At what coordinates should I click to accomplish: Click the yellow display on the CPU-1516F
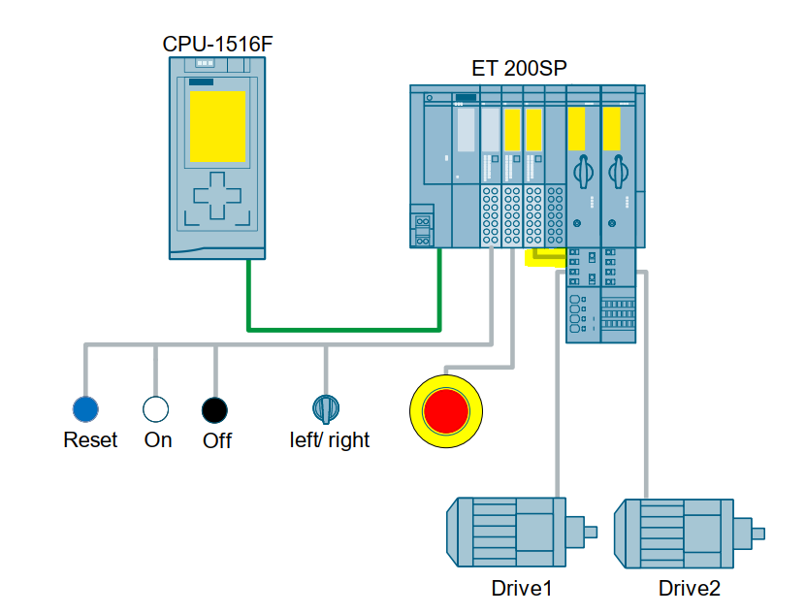click(217, 127)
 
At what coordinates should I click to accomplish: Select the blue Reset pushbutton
click(86, 409)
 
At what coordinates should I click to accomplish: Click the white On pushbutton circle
click(156, 409)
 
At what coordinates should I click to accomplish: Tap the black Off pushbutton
click(214, 409)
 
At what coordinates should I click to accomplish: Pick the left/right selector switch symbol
click(325, 407)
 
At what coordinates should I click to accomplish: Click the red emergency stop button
click(445, 408)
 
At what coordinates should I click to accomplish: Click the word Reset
click(90, 440)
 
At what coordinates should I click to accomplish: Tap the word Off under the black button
click(217, 441)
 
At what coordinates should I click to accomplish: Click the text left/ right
click(330, 440)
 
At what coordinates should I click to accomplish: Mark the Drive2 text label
click(690, 589)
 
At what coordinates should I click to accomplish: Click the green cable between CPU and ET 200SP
click(344, 330)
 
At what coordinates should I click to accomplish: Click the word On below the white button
click(158, 440)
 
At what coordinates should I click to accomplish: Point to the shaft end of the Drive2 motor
click(758, 533)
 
